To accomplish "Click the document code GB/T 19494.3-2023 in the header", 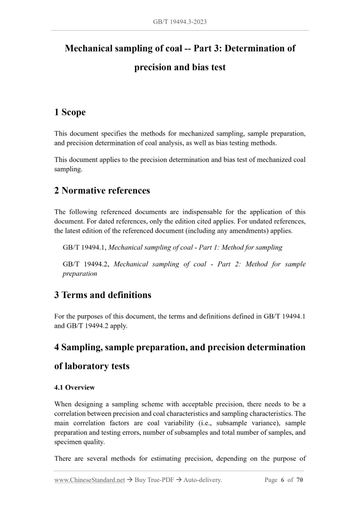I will [x=180, y=23].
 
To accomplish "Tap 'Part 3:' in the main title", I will [x=201, y=48].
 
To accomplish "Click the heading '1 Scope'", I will [x=70, y=112].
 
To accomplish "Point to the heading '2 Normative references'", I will [x=102, y=190].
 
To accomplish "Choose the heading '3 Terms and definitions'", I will [x=103, y=295].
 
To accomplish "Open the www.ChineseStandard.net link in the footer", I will [x=89, y=480].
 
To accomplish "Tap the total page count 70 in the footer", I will [x=300, y=480].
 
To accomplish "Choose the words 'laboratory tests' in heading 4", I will [x=91, y=366].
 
